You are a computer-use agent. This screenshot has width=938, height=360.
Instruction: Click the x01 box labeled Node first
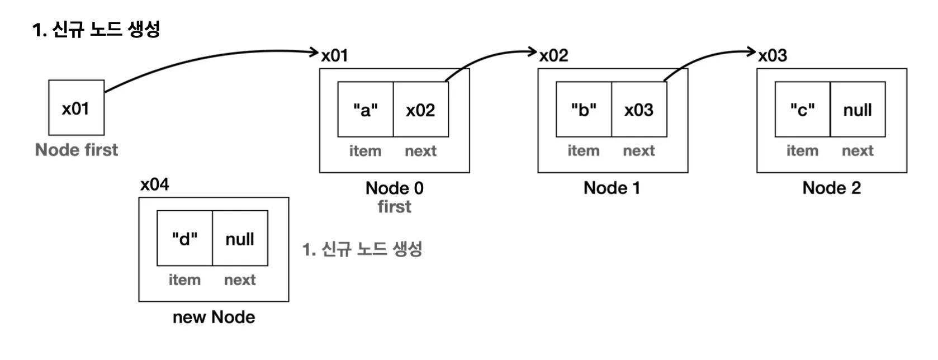[x=76, y=108]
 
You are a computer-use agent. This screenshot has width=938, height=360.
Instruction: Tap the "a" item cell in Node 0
[x=365, y=110]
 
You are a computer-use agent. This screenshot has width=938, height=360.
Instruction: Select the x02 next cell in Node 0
[x=420, y=110]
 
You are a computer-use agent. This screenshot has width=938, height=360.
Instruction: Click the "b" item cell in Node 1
[x=583, y=110]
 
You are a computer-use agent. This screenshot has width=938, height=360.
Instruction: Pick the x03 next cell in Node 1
[x=638, y=110]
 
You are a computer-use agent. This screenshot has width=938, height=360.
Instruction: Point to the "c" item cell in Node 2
[x=802, y=110]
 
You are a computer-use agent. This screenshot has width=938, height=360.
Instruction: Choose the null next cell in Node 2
[x=858, y=110]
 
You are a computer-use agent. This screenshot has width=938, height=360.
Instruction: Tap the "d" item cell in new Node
[x=184, y=239]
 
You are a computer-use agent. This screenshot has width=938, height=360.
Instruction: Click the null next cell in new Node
[x=240, y=239]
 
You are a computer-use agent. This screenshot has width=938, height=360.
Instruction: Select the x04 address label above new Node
[x=154, y=184]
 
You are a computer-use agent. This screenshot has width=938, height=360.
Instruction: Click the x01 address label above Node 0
[x=335, y=55]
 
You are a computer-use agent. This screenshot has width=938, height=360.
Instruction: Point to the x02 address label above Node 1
[x=554, y=55]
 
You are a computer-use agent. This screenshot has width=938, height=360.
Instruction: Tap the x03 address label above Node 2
[x=773, y=55]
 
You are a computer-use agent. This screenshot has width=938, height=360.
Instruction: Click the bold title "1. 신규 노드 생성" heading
[x=96, y=29]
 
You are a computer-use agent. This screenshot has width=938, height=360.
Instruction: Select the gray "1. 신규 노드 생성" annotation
[x=362, y=249]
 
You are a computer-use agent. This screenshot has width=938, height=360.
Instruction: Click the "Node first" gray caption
[x=77, y=150]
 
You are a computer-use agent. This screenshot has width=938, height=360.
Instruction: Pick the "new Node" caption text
[x=214, y=317]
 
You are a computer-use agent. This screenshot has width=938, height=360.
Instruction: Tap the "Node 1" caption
[x=612, y=188]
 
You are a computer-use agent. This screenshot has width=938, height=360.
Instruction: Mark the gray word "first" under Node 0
[x=394, y=207]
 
